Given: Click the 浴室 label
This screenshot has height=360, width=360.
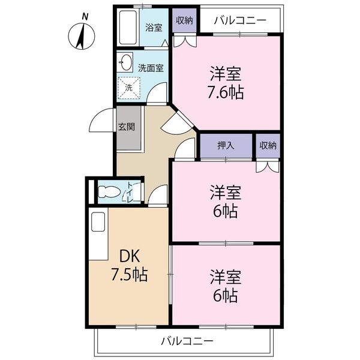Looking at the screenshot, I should click(x=154, y=28).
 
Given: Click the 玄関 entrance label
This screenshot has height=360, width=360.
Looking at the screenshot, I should click(x=127, y=127).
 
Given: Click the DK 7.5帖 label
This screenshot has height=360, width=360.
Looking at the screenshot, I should click(x=129, y=266).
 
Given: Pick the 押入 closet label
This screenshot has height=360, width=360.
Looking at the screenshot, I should click(x=225, y=145).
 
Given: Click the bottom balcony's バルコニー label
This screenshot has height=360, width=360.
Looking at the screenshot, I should click(x=187, y=342).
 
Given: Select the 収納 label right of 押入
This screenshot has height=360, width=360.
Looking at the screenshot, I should click(x=268, y=145).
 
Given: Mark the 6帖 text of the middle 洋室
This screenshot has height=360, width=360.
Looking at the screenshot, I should click(x=226, y=211).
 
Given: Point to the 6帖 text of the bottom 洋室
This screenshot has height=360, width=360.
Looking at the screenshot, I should click(x=226, y=295).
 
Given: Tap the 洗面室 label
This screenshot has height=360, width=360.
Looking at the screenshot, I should click(x=151, y=68).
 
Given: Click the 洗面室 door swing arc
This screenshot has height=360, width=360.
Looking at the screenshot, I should click(x=157, y=94).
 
